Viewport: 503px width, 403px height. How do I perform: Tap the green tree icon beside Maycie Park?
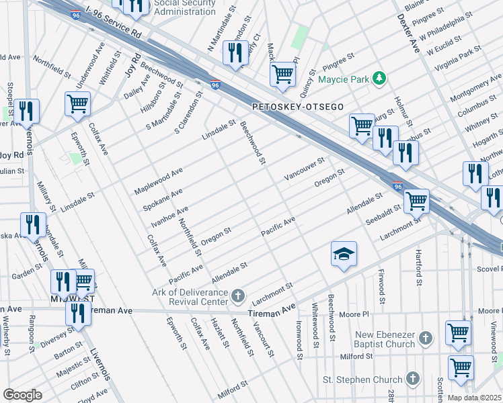pos(380,79)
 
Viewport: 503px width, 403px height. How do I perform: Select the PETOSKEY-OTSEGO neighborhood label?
pos(298,107)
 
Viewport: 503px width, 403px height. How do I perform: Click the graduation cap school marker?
pos(344,255)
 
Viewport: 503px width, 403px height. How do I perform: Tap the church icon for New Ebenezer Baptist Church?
pos(425,338)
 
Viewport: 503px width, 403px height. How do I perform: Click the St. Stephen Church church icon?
pos(413,378)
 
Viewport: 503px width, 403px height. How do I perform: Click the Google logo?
pos(22,394)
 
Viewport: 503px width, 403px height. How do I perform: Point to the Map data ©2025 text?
pos(474,398)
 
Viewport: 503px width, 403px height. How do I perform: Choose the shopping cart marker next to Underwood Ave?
pos(78,105)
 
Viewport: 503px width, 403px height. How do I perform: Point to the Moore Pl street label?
pos(354,314)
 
